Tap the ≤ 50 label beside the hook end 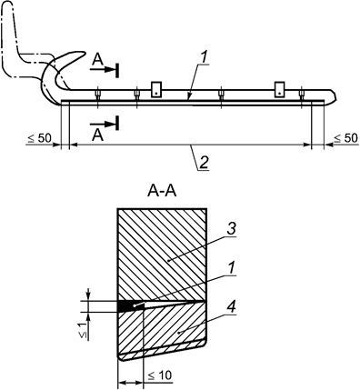(39, 138)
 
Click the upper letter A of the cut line (96, 60)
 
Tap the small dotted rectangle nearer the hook (156, 88)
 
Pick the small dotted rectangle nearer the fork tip (281, 88)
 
